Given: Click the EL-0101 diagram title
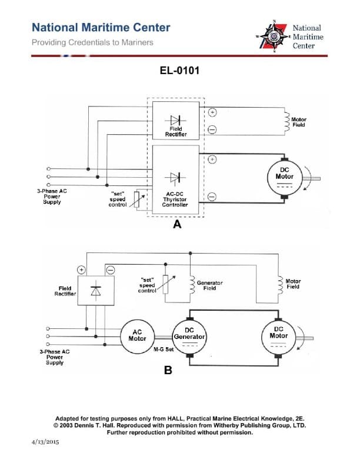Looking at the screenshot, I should pos(179,71).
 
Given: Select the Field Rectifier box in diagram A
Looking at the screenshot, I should pos(175,121).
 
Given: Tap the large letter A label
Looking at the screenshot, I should pos(176,224).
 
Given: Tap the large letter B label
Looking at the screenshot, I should pos(168,371).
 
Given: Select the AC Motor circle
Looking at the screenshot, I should pos(136,335).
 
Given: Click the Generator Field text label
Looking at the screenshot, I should pos(209,285).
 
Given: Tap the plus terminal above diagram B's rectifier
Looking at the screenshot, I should pos(82,269).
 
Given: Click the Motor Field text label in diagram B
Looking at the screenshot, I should pos(292,284).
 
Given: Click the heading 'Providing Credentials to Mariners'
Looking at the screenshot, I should pos(92,42).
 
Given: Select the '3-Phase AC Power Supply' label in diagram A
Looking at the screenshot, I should pos(51,197).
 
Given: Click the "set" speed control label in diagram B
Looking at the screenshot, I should pos(147,285).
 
